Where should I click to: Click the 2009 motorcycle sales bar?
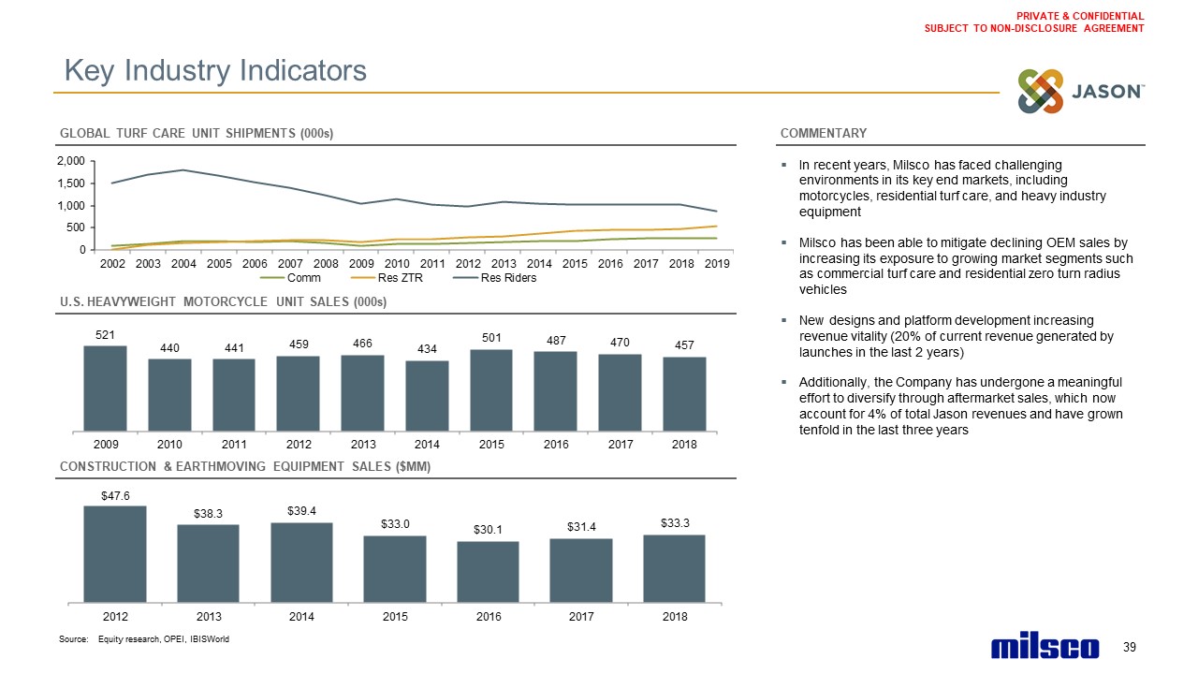105,388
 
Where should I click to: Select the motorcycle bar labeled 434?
427,395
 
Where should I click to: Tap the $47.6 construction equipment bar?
115,552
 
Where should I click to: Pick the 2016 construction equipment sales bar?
488,570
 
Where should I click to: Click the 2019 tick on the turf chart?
716,264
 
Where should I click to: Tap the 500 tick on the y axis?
76,227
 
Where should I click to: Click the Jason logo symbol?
1041,92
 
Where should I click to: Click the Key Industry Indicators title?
214,70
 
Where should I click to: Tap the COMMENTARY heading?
823,133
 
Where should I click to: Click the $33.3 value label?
674,522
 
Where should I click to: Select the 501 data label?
491,337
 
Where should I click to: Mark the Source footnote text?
144,638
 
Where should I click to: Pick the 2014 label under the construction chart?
301,617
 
